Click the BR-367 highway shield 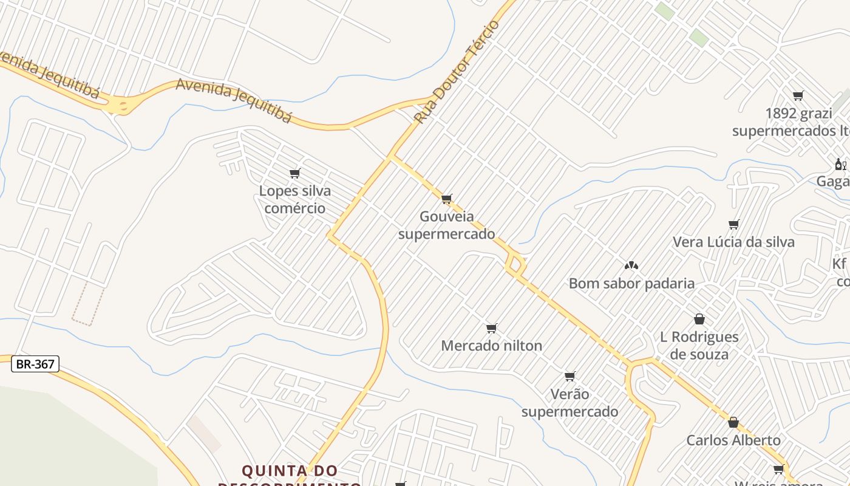point(35,364)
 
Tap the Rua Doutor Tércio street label point(457,72)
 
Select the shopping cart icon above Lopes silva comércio point(295,174)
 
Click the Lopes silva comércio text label point(295,199)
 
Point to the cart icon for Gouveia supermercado point(447,199)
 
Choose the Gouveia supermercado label point(446,225)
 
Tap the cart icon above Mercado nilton point(492,329)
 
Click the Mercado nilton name point(491,346)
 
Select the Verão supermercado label point(569,403)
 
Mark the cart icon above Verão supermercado point(569,376)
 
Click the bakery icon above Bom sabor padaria point(631,265)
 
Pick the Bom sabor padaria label point(631,283)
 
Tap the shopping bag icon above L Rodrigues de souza point(699,319)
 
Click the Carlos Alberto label point(733,440)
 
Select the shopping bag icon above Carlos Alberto point(733,422)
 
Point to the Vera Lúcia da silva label point(733,242)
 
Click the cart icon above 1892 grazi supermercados point(798,95)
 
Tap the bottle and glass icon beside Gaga point(840,164)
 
